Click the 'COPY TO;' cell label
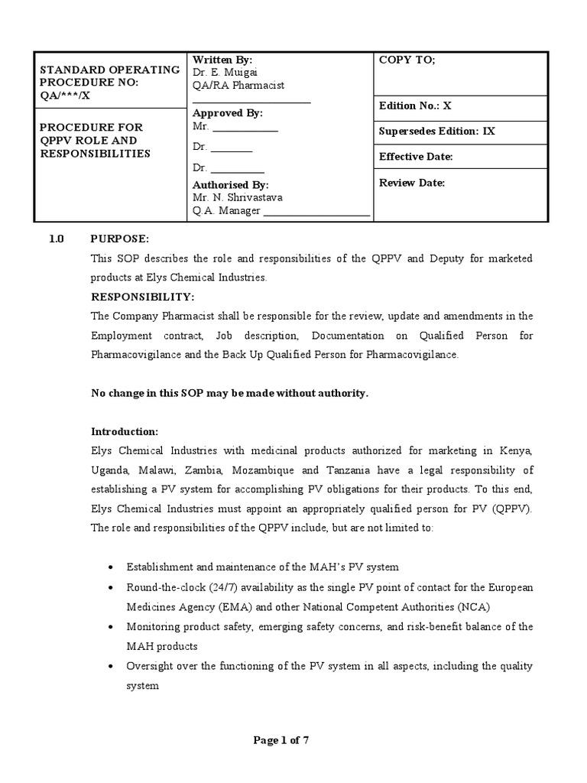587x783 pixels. coord(407,60)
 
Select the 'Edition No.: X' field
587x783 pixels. coord(415,106)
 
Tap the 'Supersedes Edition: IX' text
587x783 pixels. coord(437,131)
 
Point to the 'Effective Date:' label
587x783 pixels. coord(416,157)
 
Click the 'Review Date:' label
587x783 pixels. coord(411,183)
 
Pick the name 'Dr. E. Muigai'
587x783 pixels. coord(225,73)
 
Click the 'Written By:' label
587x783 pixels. coord(222,60)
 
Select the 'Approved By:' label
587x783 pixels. coord(228,113)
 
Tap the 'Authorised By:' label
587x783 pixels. coord(231,185)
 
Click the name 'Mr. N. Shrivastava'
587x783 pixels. coord(238,197)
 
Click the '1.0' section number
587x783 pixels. coord(57,239)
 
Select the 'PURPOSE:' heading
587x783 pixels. coord(120,239)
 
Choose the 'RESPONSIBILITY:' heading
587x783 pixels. coord(143,297)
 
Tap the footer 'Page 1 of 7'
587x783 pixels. coord(281,740)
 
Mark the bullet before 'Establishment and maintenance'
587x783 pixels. coord(113,567)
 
